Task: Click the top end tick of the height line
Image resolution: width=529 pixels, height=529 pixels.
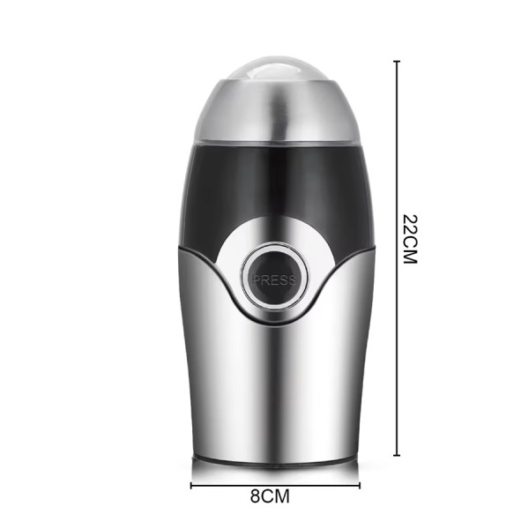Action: click(x=397, y=61)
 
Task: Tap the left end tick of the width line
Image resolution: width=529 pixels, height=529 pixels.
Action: click(x=191, y=483)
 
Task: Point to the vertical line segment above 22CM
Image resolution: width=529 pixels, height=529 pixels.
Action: click(x=397, y=132)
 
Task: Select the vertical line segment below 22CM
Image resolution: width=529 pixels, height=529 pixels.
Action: click(x=397, y=361)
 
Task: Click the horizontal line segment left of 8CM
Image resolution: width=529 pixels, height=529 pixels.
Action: click(x=220, y=483)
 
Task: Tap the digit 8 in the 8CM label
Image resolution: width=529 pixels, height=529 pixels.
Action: click(x=256, y=495)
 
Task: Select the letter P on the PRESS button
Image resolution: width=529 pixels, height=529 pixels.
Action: click(x=257, y=279)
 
